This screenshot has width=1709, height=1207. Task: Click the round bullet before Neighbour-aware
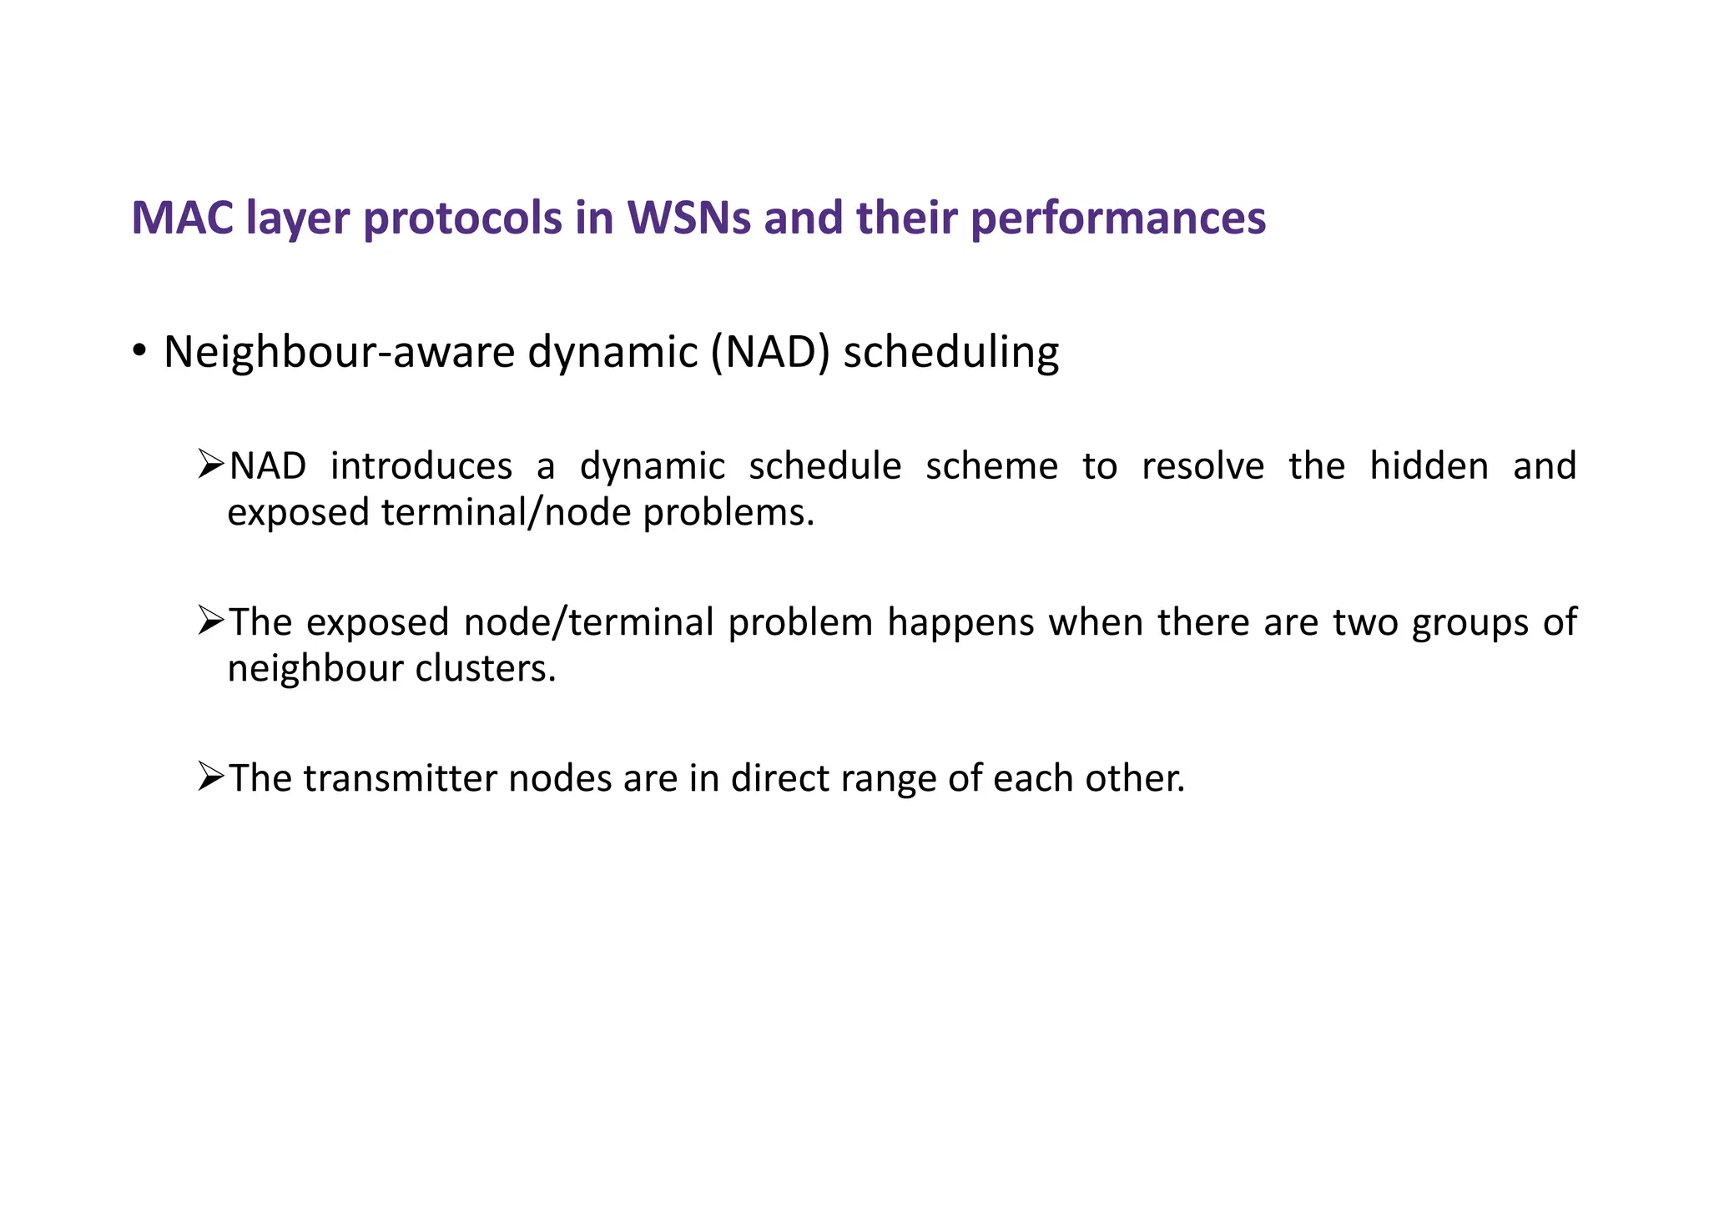tap(139, 351)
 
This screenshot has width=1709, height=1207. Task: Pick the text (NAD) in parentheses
tap(770, 352)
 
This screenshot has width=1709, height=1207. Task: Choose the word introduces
tap(421, 466)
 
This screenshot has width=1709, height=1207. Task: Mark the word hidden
tap(1429, 466)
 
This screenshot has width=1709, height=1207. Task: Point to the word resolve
tap(1202, 466)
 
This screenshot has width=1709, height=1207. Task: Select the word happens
tap(960, 622)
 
